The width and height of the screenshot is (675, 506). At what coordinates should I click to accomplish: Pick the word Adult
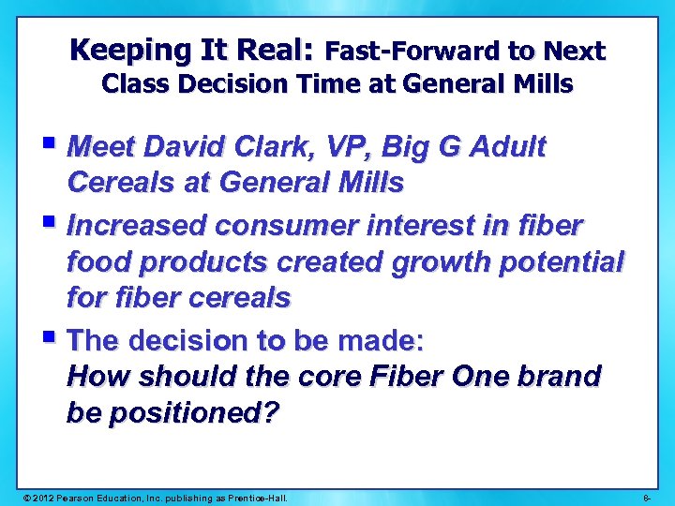point(507,147)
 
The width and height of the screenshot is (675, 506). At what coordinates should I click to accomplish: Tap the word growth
point(441,261)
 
